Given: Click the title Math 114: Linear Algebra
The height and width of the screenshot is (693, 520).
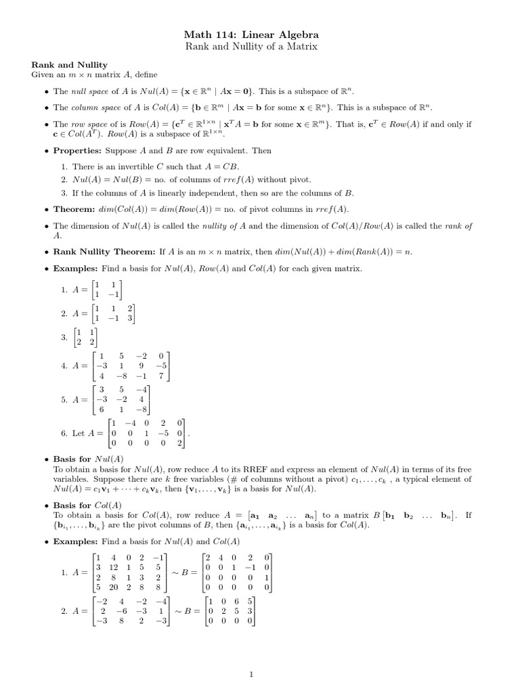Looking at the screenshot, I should point(261,34).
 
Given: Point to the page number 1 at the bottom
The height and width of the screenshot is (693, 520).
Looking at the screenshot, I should point(251,655).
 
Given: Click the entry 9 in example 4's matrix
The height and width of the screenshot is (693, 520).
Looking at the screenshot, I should point(141,365).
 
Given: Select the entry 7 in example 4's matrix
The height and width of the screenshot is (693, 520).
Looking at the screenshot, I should point(160,376).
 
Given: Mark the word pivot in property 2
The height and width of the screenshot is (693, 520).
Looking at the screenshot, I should point(299,179).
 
